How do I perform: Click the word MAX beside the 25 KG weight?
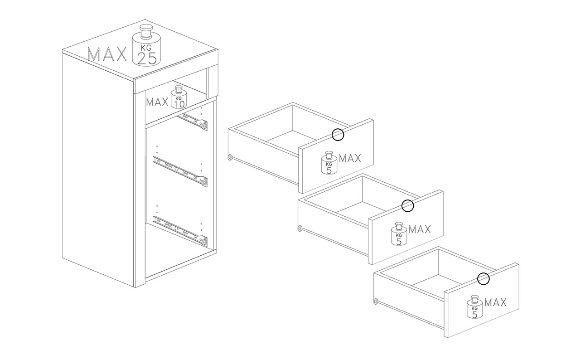[x=107, y=54]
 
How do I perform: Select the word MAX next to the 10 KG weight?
[x=157, y=102]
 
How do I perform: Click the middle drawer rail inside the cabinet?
[x=180, y=171]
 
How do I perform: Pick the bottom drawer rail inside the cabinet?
[x=180, y=230]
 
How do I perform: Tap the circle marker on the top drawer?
[x=338, y=135]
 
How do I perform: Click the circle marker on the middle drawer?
[x=407, y=206]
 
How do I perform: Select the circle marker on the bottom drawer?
[x=484, y=278]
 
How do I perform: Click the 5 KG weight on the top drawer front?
[x=329, y=163]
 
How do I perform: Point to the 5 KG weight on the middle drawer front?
[x=399, y=234]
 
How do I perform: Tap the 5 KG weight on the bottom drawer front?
[x=474, y=307]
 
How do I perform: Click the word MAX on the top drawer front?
[x=350, y=158]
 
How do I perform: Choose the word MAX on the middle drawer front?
[x=420, y=229]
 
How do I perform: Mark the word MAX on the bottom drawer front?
[x=495, y=302]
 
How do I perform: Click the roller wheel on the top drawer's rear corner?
[x=230, y=158]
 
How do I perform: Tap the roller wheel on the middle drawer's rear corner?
[x=299, y=229]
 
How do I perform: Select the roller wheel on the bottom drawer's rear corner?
[x=375, y=301]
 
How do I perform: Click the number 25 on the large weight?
[x=147, y=59]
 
